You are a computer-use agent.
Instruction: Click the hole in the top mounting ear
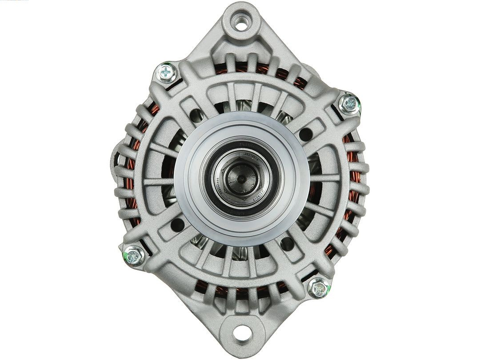(x=241, y=22)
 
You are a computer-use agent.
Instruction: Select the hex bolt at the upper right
(x=348, y=104)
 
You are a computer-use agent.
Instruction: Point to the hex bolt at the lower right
(x=319, y=288)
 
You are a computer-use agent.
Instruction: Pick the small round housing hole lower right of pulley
(x=287, y=244)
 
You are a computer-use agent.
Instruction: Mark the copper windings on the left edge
(x=130, y=178)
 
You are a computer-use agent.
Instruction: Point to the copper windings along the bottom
(x=240, y=292)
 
